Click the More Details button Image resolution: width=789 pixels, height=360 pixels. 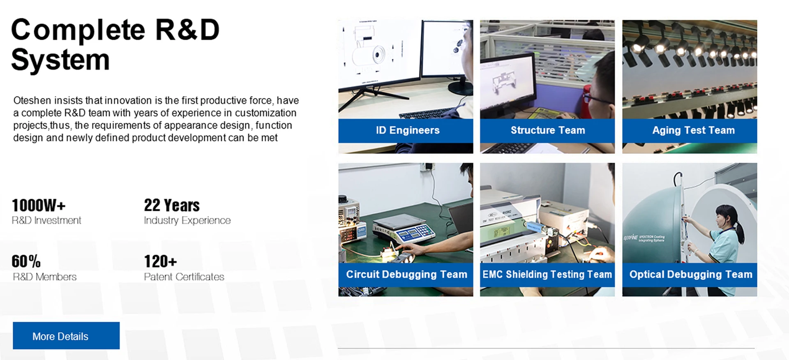(x=66, y=336)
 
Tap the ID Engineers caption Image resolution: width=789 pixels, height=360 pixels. (x=408, y=130)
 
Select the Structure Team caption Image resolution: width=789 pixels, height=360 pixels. (x=548, y=130)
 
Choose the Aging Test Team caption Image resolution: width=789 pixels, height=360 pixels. (x=694, y=130)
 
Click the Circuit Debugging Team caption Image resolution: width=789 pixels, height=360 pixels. (x=406, y=275)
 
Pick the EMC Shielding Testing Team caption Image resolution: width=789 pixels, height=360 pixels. (x=547, y=275)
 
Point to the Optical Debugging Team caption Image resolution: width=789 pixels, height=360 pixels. (x=691, y=275)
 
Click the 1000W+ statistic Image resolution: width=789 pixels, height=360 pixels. (x=39, y=205)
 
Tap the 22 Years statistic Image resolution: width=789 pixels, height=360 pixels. (x=172, y=205)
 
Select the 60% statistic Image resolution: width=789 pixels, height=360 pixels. (x=26, y=261)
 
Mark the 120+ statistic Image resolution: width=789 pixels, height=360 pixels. (x=160, y=261)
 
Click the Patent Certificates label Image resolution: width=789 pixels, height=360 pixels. (x=184, y=277)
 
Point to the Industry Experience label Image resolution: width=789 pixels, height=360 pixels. (x=187, y=221)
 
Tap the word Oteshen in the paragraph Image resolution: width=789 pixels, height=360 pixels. (x=32, y=100)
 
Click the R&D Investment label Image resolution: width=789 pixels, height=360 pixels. (x=46, y=221)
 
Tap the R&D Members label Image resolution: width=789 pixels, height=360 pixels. (x=44, y=277)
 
